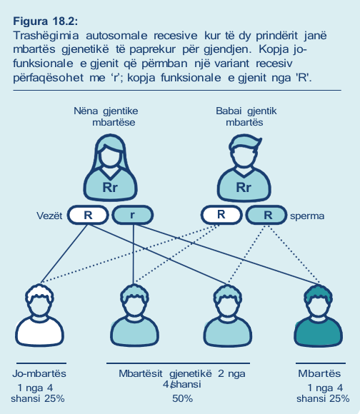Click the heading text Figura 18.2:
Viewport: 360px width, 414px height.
[x=46, y=21]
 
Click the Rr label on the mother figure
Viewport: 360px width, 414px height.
[x=110, y=187]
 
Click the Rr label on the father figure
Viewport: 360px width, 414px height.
[x=244, y=187]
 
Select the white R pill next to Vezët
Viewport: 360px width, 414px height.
[x=88, y=215]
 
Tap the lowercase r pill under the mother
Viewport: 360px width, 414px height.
[x=133, y=215]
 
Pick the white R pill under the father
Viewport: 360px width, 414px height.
[x=221, y=215]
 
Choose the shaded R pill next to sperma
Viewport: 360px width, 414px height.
[x=266, y=215]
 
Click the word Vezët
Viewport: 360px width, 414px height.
[x=49, y=216]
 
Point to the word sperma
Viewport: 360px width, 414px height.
[x=307, y=216]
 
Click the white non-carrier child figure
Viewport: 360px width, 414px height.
[x=39, y=315]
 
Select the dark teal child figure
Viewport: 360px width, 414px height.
[x=319, y=315]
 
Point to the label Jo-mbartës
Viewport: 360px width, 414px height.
[x=39, y=373]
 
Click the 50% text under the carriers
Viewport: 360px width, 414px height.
[x=183, y=398]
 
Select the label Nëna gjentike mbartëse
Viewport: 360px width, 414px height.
[x=106, y=116]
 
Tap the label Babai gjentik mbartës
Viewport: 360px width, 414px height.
[x=246, y=116]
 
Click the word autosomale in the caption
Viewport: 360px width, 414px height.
[x=116, y=36]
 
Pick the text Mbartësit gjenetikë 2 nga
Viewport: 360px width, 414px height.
[x=182, y=373]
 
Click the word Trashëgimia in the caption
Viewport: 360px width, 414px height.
[x=46, y=36]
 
